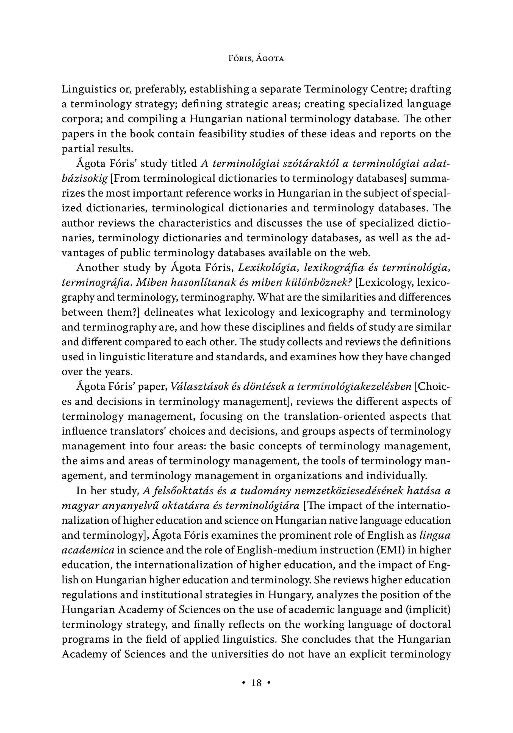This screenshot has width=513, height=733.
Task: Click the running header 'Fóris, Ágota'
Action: point(256,59)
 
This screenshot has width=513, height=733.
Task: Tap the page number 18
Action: point(256,683)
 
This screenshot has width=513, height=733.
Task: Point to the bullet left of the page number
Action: point(244,683)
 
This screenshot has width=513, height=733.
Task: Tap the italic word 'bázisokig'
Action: point(84,178)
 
